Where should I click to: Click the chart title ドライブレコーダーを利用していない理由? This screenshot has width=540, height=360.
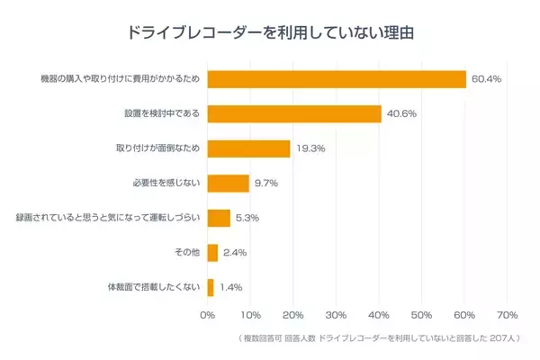[270, 33]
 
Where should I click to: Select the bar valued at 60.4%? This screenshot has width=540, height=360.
[337, 79]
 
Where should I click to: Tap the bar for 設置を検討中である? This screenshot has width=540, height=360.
[294, 114]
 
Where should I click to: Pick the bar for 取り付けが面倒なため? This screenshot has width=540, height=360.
[248, 148]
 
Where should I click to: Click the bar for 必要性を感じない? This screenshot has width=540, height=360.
[228, 184]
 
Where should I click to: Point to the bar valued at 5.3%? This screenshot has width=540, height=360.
[219, 218]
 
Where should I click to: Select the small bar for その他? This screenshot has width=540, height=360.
[212, 253]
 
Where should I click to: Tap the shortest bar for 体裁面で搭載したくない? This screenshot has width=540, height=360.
[211, 287]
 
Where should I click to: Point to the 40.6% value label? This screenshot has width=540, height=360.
[401, 114]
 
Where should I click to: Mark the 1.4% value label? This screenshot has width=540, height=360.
[230, 287]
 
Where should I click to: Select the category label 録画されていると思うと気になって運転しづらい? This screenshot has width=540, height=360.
[110, 218]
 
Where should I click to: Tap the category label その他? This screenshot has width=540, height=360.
[187, 253]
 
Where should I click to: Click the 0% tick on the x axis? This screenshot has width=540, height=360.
[207, 315]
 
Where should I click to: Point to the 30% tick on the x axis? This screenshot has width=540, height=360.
[336, 315]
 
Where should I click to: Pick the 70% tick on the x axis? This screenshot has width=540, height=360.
[507, 315]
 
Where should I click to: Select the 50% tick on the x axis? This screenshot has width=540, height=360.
[421, 315]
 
